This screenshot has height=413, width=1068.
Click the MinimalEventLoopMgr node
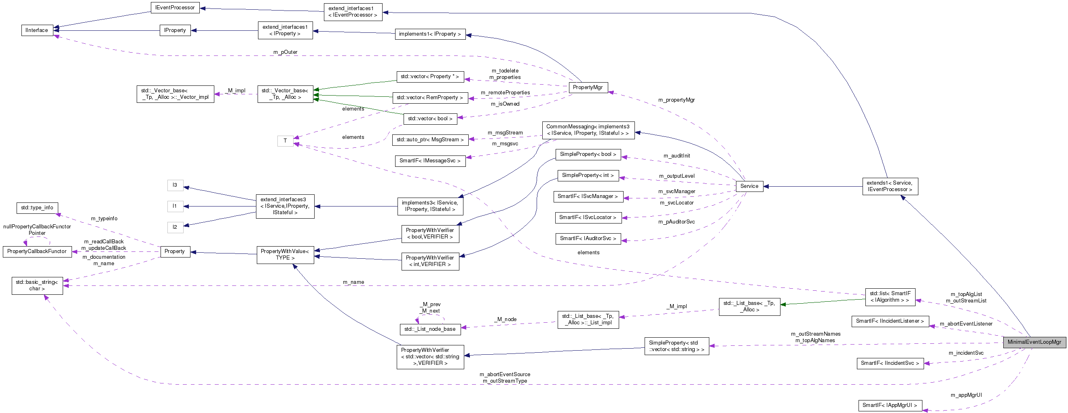[1034, 342]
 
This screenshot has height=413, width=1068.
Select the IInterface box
[37, 30]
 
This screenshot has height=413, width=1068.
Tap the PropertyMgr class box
[588, 87]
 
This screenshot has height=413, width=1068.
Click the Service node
[749, 186]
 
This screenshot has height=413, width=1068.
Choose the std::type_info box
[37, 208]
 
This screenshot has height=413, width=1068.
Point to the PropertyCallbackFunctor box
[37, 251]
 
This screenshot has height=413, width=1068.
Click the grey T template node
[285, 141]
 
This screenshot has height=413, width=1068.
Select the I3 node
[175, 185]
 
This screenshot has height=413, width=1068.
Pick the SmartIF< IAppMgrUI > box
[890, 405]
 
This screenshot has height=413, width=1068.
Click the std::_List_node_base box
[430, 329]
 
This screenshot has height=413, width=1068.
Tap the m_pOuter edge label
[285, 52]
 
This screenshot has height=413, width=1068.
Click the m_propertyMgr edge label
[676, 100]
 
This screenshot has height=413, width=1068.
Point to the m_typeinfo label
[104, 219]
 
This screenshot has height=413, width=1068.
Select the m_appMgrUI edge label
[966, 395]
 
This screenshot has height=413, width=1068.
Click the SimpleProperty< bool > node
[588, 154]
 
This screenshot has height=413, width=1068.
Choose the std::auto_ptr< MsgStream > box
[430, 140]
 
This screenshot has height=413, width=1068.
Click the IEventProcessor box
[175, 8]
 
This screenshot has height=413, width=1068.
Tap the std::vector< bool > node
[430, 119]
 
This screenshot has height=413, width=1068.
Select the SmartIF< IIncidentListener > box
[890, 321]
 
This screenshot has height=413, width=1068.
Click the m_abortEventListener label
[966, 324]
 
